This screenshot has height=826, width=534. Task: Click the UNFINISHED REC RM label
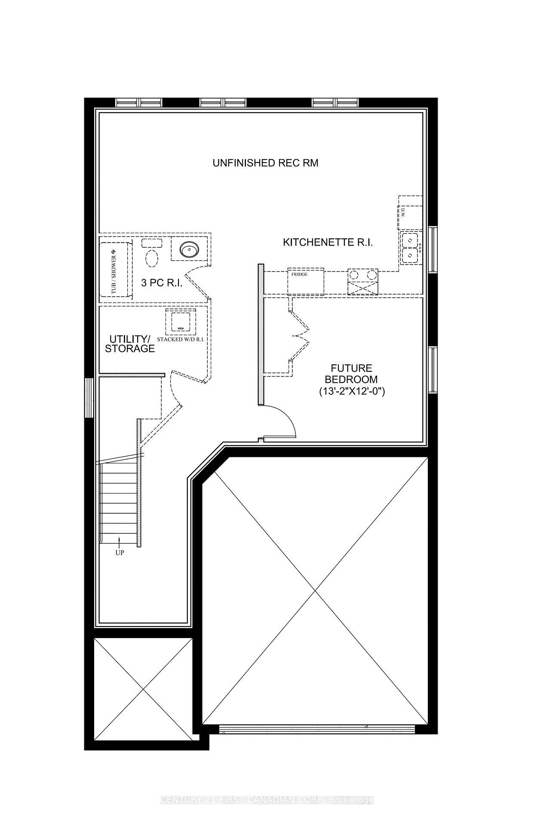pos(265,163)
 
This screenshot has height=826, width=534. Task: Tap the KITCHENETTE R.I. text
pos(328,242)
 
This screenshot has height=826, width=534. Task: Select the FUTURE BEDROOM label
pos(351,374)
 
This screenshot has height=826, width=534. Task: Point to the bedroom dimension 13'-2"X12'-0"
pos(351,391)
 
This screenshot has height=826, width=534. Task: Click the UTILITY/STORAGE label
pos(129,343)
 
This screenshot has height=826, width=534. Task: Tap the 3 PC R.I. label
pos(162,283)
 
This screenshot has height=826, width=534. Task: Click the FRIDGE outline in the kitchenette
pos(305,282)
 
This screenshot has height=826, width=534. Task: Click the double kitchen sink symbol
pos(411,247)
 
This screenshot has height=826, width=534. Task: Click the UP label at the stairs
pos(120,552)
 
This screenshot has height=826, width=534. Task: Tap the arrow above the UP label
pos(120,541)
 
